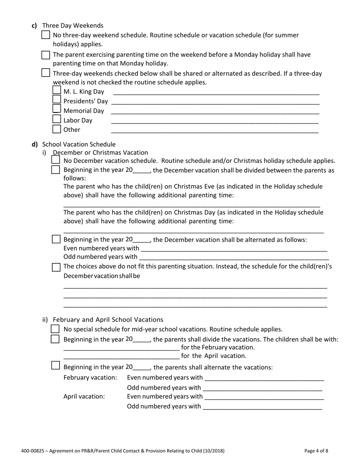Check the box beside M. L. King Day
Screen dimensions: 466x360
click(x=56, y=90)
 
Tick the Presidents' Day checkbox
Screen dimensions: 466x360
click(x=56, y=100)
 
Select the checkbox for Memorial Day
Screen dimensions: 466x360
click(x=56, y=109)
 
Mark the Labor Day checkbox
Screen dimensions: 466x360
click(x=56, y=119)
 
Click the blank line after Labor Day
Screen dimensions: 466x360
click(x=214, y=121)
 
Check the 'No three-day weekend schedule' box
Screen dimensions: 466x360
click(x=45, y=35)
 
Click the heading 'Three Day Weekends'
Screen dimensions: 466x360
click(x=73, y=25)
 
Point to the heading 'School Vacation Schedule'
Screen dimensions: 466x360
click(x=79, y=144)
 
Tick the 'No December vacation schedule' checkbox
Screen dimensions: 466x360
click(x=55, y=160)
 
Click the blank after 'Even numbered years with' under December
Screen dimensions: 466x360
click(x=233, y=249)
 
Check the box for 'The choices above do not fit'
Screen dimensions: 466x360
click(x=56, y=267)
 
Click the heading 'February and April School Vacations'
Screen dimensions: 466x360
click(x=108, y=320)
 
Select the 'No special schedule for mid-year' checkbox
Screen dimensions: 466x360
click(x=55, y=329)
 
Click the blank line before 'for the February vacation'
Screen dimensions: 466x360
click(x=121, y=348)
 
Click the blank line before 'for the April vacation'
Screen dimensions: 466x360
click(x=121, y=356)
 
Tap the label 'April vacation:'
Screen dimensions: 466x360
click(x=84, y=397)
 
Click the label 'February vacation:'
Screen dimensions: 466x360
click(x=90, y=378)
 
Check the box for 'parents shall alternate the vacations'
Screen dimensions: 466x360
click(x=55, y=366)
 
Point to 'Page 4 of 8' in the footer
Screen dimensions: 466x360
click(x=316, y=451)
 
